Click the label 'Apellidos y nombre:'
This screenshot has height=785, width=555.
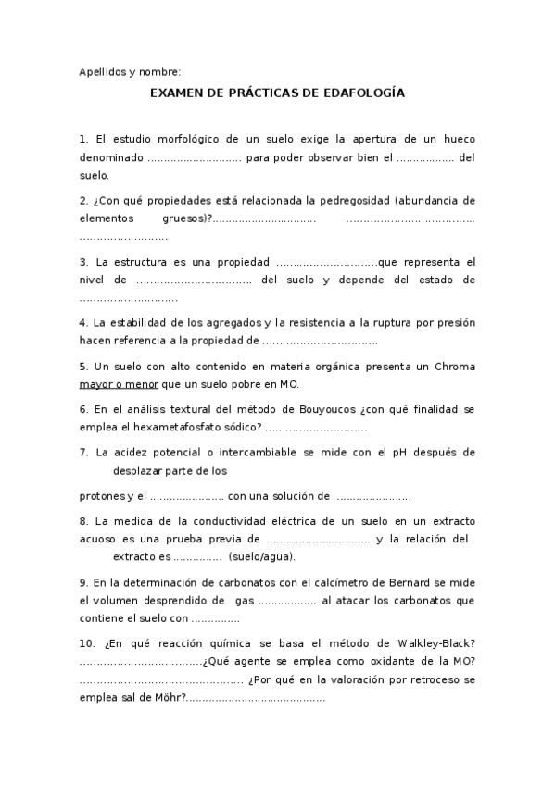click(x=130, y=72)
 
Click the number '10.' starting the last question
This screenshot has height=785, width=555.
click(x=87, y=643)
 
